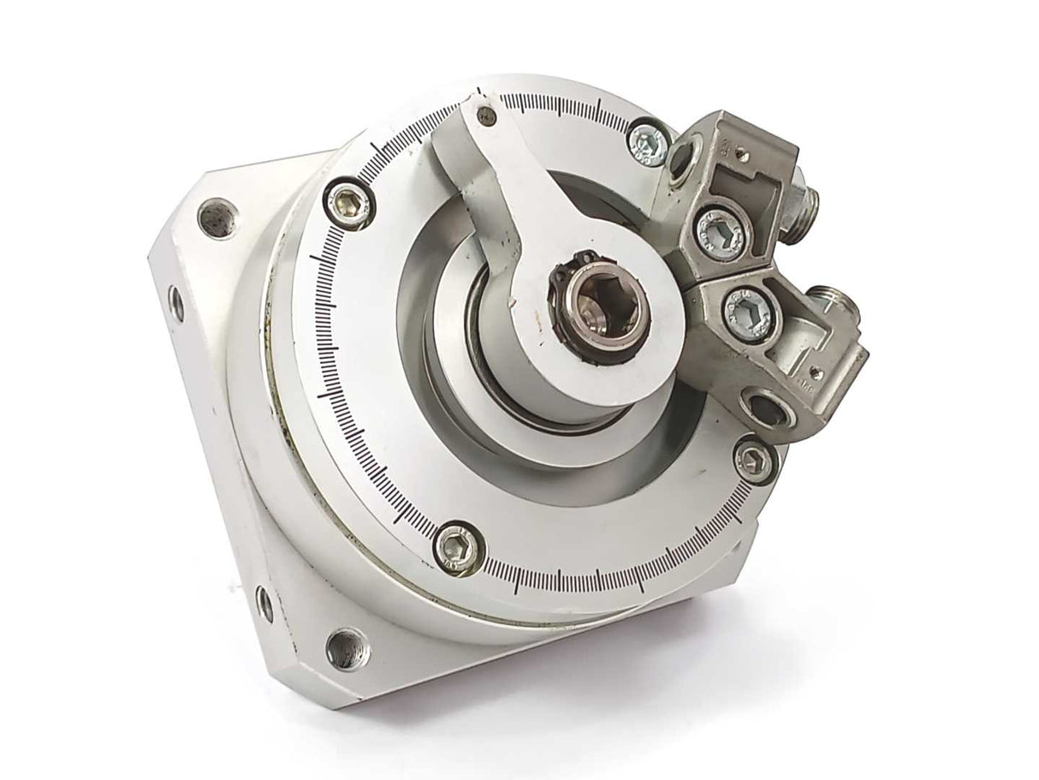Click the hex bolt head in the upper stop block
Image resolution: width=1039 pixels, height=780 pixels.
click(715, 229)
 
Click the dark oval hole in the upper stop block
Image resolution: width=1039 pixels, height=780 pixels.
click(682, 158)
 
